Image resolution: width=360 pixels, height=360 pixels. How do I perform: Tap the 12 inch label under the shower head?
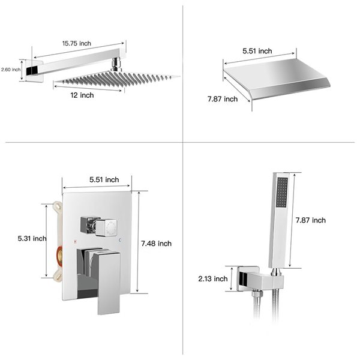82,95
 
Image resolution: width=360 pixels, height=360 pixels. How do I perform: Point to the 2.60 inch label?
11,70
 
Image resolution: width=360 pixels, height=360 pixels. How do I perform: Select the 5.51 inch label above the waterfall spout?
257,52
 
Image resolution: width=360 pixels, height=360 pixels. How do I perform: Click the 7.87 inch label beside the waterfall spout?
223,99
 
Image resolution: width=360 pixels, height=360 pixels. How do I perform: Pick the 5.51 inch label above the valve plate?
104,179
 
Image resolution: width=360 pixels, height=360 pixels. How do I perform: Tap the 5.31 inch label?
32,238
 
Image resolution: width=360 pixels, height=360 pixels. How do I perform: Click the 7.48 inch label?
156,243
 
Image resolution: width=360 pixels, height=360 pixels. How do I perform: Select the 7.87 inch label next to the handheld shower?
311,220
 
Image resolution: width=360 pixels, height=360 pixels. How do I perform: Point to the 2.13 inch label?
212,278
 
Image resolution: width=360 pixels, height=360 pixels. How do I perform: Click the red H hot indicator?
74,241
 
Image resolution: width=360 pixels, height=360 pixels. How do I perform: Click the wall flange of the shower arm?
34,71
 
